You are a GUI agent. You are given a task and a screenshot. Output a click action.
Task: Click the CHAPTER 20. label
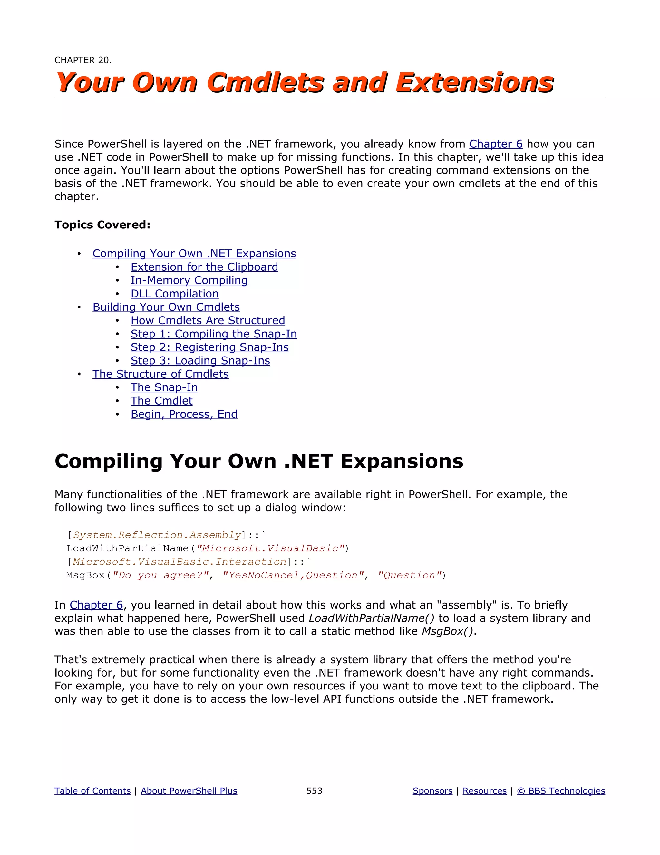pos(83,60)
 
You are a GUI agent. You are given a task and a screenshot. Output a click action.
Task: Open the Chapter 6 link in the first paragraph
pos(495,144)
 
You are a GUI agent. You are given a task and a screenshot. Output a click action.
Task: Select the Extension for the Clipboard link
pos(204,267)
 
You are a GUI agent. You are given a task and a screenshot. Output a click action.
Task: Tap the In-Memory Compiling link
pos(189,280)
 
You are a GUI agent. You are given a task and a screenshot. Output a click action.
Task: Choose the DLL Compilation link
pos(174,294)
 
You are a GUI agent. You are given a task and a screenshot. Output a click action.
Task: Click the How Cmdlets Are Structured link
pos(208,321)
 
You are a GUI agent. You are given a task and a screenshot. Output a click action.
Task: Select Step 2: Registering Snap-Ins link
pos(209,347)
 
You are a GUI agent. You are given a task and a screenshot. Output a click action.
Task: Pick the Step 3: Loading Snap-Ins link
pos(200,361)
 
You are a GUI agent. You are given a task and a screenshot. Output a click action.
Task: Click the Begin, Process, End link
pos(184,414)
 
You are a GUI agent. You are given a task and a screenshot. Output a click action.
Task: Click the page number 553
pos(314,791)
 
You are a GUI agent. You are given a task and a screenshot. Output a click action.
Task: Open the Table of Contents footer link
pos(92,791)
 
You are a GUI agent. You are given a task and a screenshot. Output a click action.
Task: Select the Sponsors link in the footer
pos(432,791)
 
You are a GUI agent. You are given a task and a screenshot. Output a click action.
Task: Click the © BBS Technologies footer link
pos(561,791)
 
